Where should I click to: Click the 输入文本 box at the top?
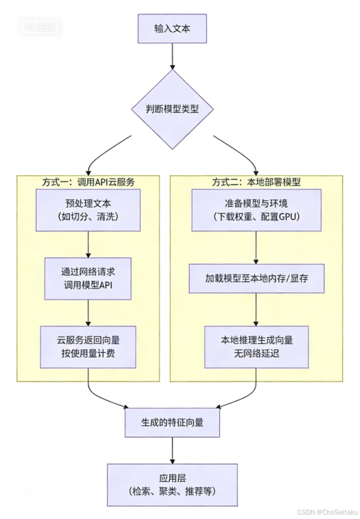pyautogui.click(x=172, y=29)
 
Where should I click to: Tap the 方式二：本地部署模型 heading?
pyautogui.click(x=256, y=182)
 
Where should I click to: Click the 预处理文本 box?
pyautogui.click(x=88, y=210)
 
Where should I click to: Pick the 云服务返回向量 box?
pyautogui.click(x=88, y=347)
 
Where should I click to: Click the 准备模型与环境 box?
pyautogui.click(x=256, y=210)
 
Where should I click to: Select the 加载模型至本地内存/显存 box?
pyautogui.click(x=257, y=278)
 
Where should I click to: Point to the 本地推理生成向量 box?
pyautogui.click(x=257, y=347)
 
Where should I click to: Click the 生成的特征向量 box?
pyautogui.click(x=172, y=422)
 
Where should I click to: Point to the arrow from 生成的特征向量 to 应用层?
pyautogui.click(x=172, y=450)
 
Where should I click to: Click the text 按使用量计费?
pyautogui.click(x=88, y=354)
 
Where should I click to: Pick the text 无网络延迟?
pyautogui.click(x=257, y=354)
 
